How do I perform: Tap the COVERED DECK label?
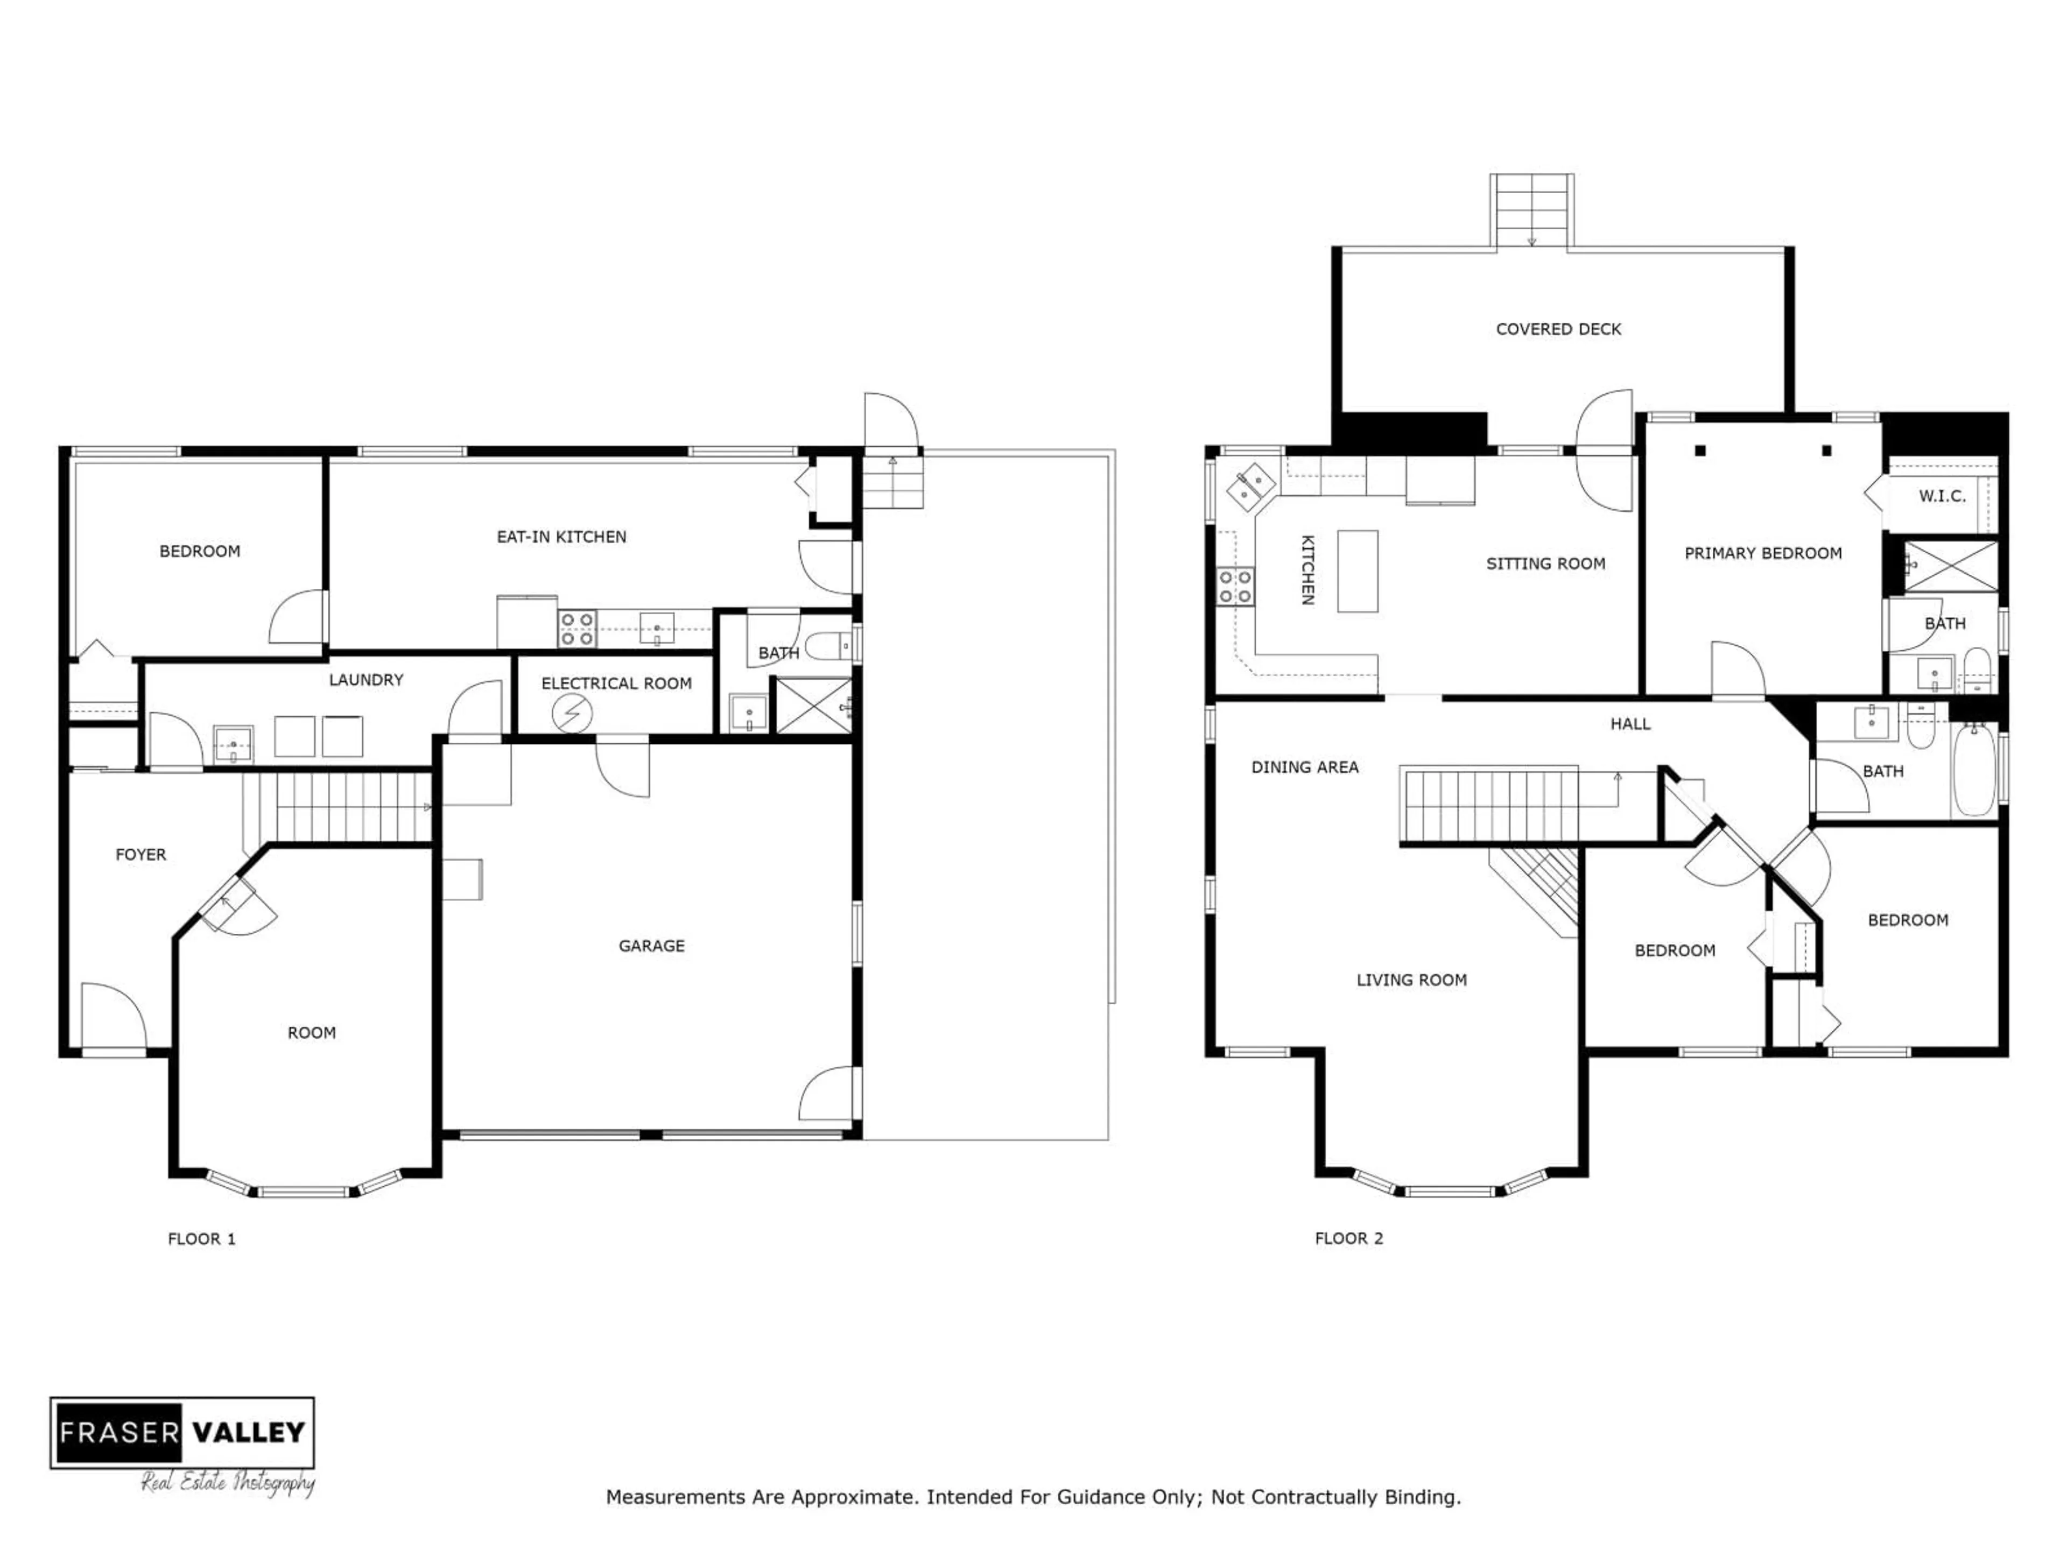click(1558, 329)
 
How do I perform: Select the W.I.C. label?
click(1942, 496)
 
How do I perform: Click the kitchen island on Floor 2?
click(1357, 571)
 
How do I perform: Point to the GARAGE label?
click(651, 946)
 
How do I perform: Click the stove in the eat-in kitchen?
click(576, 629)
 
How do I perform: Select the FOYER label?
click(140, 854)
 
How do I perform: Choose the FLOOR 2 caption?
click(1348, 1238)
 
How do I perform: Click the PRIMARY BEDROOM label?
click(1762, 553)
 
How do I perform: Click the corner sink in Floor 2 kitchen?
click(1250, 485)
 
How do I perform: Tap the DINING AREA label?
click(1304, 767)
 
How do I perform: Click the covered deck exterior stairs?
click(1531, 210)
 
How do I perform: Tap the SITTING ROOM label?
click(1545, 563)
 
